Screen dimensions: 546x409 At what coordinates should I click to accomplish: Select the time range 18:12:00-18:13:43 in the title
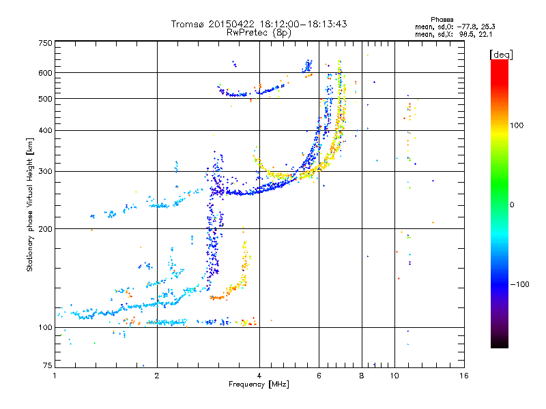(303, 24)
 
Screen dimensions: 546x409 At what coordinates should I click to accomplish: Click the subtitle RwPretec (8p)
(259, 33)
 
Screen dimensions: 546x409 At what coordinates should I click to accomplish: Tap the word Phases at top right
(442, 20)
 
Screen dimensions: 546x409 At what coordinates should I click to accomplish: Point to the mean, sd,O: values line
(455, 27)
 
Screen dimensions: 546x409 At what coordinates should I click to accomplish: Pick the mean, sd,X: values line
(453, 34)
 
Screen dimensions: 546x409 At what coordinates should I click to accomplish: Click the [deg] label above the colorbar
(501, 55)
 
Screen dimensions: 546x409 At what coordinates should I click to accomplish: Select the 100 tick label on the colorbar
(517, 125)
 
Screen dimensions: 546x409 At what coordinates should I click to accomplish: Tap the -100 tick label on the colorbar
(519, 284)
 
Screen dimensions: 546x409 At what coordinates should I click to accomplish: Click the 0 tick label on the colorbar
(512, 205)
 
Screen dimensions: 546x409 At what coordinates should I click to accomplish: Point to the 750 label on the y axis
(45, 43)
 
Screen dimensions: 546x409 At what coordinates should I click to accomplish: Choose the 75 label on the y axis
(47, 365)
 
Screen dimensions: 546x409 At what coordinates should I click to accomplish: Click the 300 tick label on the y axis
(45, 172)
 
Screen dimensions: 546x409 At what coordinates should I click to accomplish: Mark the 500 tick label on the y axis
(45, 99)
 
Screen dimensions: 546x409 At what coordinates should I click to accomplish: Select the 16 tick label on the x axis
(464, 376)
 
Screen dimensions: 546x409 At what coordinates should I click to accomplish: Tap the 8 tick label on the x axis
(362, 376)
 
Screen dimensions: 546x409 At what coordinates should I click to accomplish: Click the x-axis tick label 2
(157, 376)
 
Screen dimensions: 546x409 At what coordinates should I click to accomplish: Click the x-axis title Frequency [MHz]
(259, 384)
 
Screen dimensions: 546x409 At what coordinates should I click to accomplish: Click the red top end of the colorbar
(500, 62)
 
